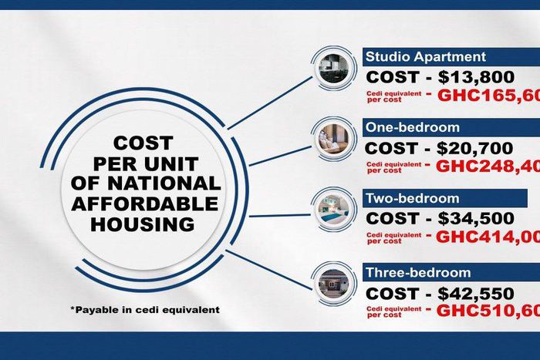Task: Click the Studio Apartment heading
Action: tap(425, 56)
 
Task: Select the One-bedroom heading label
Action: tap(412, 128)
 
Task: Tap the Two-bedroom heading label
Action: tap(412, 199)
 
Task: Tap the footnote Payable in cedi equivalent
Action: tap(144, 310)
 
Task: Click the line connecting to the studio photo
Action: tap(270, 103)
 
